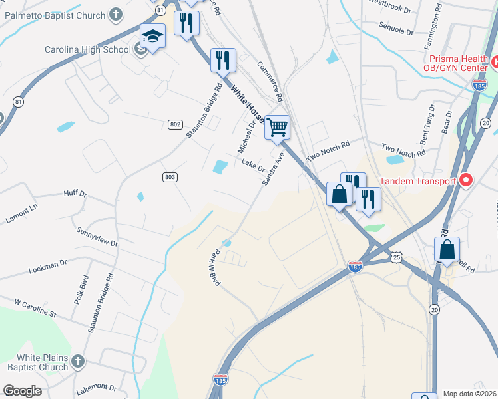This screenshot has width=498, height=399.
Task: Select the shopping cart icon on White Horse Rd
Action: (x=277, y=126)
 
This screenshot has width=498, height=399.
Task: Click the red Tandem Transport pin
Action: (x=466, y=180)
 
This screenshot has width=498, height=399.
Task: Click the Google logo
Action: (x=22, y=391)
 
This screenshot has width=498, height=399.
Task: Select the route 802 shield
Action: (x=174, y=124)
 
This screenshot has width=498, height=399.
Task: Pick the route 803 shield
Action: (x=170, y=176)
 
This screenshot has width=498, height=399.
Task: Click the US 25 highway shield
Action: (x=396, y=256)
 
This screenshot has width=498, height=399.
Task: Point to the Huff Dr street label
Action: (x=75, y=194)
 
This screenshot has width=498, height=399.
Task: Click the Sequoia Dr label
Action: (x=395, y=30)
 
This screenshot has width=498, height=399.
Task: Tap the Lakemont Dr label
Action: (x=97, y=388)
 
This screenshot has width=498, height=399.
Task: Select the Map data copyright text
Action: (x=470, y=394)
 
